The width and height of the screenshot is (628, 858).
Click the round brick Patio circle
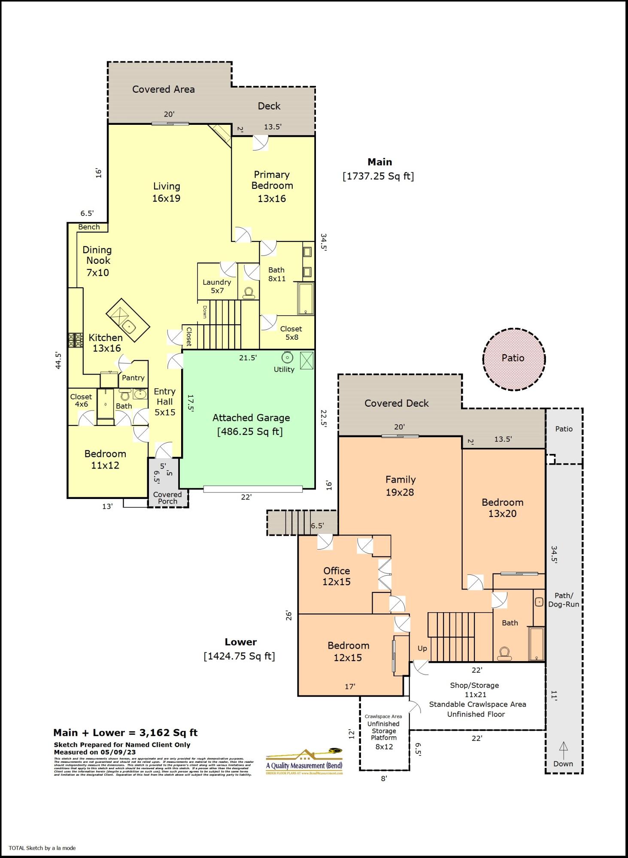513,359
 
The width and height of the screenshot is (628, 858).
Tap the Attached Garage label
251,418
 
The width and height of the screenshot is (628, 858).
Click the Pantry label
133,378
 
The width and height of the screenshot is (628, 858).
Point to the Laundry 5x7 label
217,286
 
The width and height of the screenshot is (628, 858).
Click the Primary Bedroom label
272,180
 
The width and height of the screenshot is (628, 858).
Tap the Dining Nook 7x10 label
97,261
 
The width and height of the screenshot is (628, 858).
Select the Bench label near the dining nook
89,227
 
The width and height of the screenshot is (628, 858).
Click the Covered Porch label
167,498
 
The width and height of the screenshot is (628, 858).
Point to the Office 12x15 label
337,576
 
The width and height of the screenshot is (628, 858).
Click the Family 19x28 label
400,486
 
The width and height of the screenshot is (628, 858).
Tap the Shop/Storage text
474,685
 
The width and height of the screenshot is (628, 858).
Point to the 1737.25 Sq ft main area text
378,176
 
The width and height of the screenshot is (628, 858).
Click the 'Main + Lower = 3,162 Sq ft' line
125,733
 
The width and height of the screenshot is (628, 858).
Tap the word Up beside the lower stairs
422,648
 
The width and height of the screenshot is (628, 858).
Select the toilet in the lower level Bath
504,653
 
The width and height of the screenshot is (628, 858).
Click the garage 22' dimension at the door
246,497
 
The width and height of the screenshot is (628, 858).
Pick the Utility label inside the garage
284,369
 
